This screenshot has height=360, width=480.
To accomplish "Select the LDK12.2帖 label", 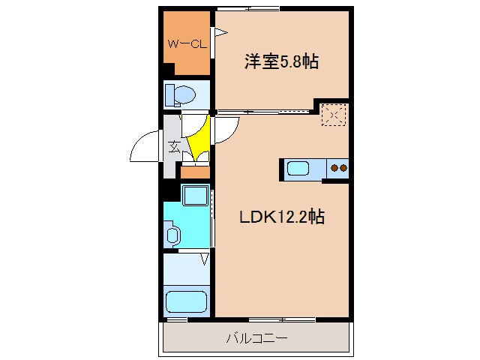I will pos(281,217).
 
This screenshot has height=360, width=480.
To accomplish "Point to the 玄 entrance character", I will pos(173,146).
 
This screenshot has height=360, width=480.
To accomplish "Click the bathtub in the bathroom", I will pos(185,302).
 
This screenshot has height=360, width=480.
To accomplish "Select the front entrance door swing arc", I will pos(144,147).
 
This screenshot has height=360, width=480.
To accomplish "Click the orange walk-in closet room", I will pos(187,45).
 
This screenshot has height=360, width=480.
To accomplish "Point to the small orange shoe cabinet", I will pos(195,172).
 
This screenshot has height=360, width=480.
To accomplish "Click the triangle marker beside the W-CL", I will pos(220,32).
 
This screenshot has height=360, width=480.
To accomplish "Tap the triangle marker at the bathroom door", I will pos(204,259).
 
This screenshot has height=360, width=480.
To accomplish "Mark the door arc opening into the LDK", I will pos(228,131).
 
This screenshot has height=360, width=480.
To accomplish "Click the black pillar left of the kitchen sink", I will pos(282,169).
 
